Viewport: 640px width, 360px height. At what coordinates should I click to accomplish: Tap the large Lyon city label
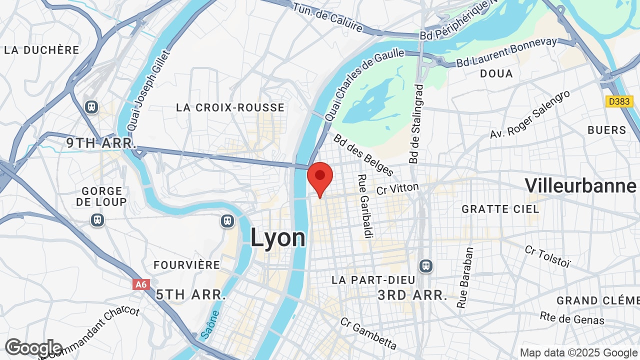[278, 237]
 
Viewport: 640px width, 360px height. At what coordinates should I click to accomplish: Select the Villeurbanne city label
[580, 186]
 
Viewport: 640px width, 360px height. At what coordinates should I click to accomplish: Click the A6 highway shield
[141, 284]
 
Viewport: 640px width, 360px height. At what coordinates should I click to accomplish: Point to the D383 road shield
[619, 101]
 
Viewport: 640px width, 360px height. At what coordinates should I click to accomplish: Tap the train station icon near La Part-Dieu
[426, 265]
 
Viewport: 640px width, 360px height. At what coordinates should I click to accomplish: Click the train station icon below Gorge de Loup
[97, 219]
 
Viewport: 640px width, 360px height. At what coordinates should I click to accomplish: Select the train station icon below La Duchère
[91, 106]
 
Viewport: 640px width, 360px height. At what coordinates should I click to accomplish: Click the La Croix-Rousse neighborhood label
[230, 107]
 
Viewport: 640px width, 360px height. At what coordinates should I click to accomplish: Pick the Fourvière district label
[187, 265]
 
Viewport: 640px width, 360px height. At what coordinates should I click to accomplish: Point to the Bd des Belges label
[363, 154]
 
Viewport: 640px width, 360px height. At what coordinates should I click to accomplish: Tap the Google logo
[33, 348]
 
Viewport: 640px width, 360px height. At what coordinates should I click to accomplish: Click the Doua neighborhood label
[496, 74]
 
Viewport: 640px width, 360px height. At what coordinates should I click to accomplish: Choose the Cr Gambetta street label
[368, 333]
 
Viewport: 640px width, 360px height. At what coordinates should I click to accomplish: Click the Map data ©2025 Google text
[579, 353]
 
